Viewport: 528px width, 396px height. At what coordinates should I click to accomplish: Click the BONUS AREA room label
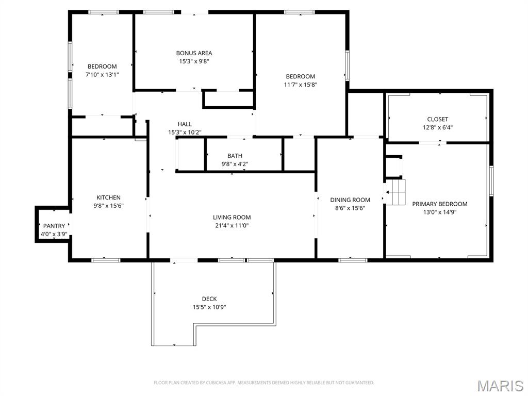click(x=194, y=53)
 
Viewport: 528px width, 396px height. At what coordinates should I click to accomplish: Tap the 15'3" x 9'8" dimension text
click(x=194, y=61)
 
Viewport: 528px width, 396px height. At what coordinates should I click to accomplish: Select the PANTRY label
click(x=54, y=226)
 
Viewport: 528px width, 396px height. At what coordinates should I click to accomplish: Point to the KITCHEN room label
click(x=108, y=197)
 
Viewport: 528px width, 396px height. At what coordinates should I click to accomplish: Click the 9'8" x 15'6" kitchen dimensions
click(x=108, y=206)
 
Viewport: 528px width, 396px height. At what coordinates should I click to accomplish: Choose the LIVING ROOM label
click(x=232, y=218)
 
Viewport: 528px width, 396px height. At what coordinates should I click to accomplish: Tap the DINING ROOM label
click(x=350, y=200)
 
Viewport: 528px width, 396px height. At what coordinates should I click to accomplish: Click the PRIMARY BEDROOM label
click(x=440, y=204)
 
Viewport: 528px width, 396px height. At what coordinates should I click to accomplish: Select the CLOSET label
click(x=437, y=119)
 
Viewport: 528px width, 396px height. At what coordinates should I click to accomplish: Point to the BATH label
click(x=235, y=156)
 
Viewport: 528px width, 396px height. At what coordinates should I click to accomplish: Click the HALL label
click(x=185, y=124)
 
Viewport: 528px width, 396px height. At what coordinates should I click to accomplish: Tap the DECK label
click(x=209, y=299)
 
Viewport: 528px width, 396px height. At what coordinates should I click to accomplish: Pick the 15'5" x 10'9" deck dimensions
click(x=209, y=307)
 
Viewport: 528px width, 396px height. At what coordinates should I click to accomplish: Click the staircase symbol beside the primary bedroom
click(x=395, y=192)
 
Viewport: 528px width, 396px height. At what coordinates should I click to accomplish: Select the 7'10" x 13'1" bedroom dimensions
click(x=102, y=75)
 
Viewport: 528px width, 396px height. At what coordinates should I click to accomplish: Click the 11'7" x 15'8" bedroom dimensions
click(x=301, y=85)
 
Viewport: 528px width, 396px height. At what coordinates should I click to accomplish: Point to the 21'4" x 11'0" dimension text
click(x=232, y=226)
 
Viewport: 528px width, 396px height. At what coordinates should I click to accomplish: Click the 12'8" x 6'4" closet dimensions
click(x=437, y=128)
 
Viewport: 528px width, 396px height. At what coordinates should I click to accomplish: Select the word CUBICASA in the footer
click(x=216, y=383)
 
